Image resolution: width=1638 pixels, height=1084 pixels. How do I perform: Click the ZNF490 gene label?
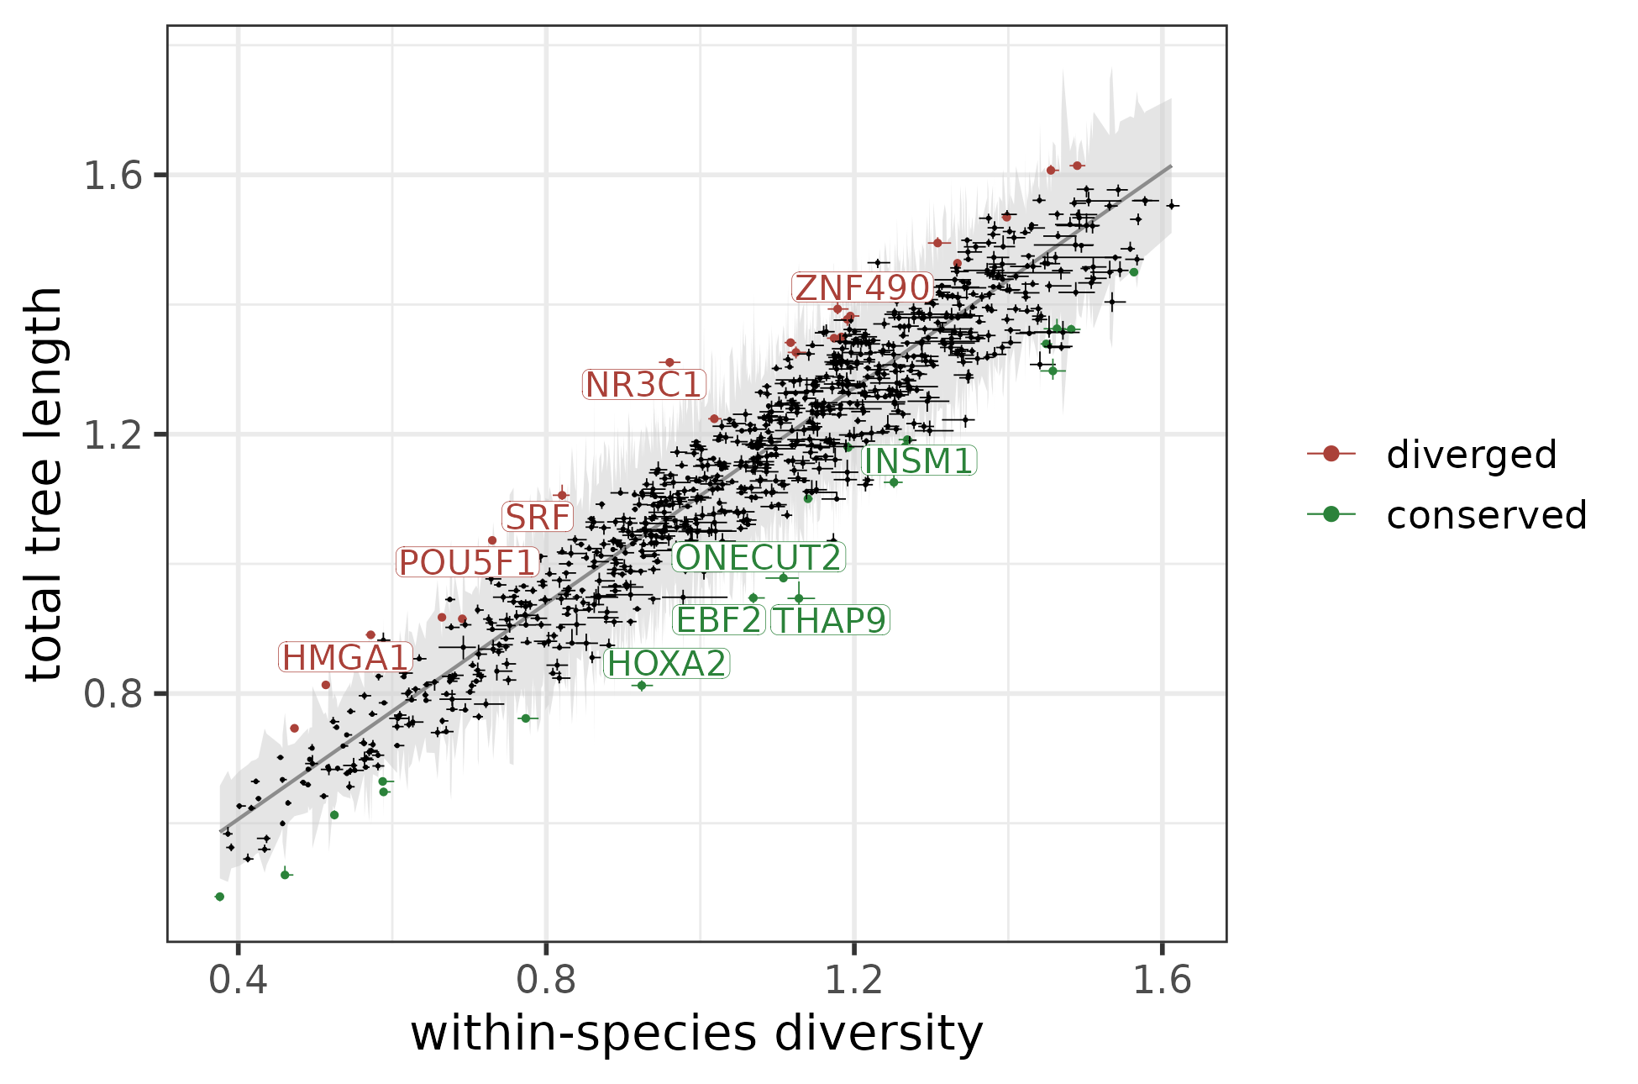(x=862, y=288)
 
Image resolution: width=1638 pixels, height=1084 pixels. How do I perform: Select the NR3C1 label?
(x=643, y=385)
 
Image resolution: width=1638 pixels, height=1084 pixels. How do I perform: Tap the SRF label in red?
(x=538, y=518)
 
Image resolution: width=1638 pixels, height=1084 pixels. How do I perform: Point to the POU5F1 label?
(x=467, y=563)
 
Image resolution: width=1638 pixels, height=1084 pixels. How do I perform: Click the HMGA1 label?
(x=345, y=658)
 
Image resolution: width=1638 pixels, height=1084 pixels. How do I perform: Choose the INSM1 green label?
(x=918, y=461)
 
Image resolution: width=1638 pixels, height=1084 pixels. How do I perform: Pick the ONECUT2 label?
(x=758, y=558)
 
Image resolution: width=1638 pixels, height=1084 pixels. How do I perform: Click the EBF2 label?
(x=718, y=621)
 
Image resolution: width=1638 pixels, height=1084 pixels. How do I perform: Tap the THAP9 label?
(x=829, y=621)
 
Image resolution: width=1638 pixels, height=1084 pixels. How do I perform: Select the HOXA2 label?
(x=666, y=665)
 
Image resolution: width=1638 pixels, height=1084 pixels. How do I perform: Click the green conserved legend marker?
(x=1331, y=514)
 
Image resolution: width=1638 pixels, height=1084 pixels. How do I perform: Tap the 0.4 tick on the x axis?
(x=238, y=981)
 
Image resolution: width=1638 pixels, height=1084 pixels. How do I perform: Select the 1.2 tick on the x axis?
(x=854, y=981)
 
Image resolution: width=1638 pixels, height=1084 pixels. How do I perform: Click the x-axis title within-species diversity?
(x=696, y=1033)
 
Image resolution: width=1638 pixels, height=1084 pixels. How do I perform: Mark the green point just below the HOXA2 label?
(x=642, y=686)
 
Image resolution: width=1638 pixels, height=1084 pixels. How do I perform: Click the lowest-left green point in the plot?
(x=220, y=897)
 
